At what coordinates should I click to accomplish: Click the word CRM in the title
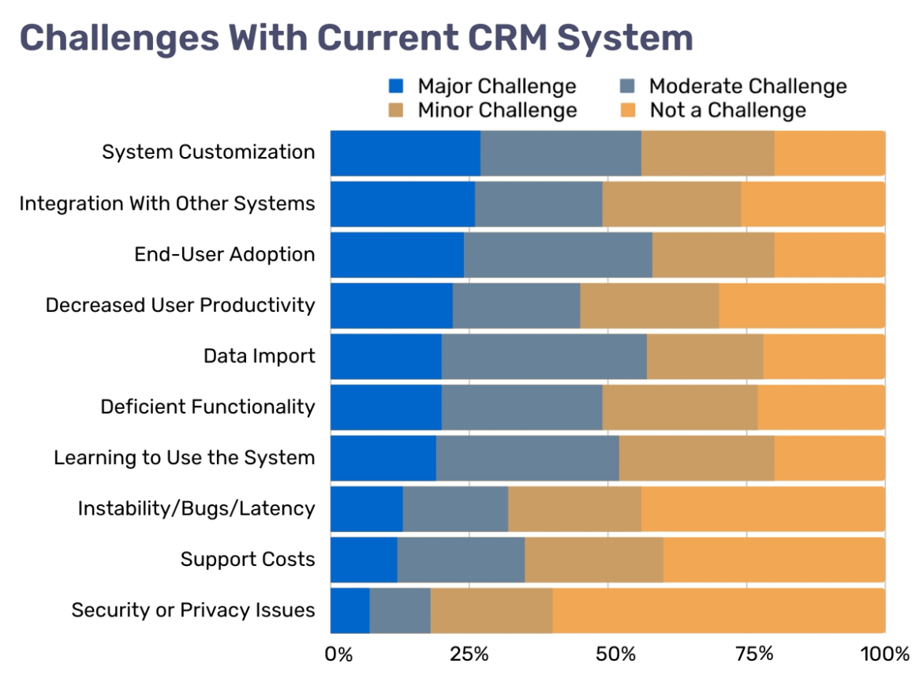pyautogui.click(x=485, y=37)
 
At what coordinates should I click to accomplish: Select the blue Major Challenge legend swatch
pyautogui.click(x=397, y=85)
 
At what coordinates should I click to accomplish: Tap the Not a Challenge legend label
pyautogui.click(x=727, y=110)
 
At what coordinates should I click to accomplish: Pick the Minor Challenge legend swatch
pyautogui.click(x=397, y=110)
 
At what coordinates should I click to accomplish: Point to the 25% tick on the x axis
pyautogui.click(x=469, y=654)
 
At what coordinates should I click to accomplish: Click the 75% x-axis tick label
pyautogui.click(x=754, y=654)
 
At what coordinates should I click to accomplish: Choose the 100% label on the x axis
pyautogui.click(x=885, y=654)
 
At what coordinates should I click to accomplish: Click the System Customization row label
pyautogui.click(x=208, y=152)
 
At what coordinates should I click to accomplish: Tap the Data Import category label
pyautogui.click(x=259, y=356)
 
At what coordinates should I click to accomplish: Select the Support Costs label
pyautogui.click(x=248, y=560)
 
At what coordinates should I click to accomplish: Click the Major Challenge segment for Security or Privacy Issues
pyautogui.click(x=349, y=610)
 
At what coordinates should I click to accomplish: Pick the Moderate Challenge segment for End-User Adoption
pyautogui.click(x=558, y=254)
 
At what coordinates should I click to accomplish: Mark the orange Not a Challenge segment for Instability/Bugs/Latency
pyautogui.click(x=762, y=508)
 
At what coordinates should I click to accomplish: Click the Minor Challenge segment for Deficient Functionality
pyautogui.click(x=679, y=406)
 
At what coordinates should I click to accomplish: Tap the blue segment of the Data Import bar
pyautogui.click(x=386, y=356)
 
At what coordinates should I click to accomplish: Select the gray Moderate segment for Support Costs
pyautogui.click(x=461, y=560)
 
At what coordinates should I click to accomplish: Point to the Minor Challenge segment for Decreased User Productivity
pyautogui.click(x=649, y=305)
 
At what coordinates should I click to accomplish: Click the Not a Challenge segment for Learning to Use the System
pyautogui.click(x=829, y=458)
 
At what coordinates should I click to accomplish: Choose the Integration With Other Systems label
pyautogui.click(x=166, y=204)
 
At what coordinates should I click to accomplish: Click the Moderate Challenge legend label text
pyautogui.click(x=747, y=85)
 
